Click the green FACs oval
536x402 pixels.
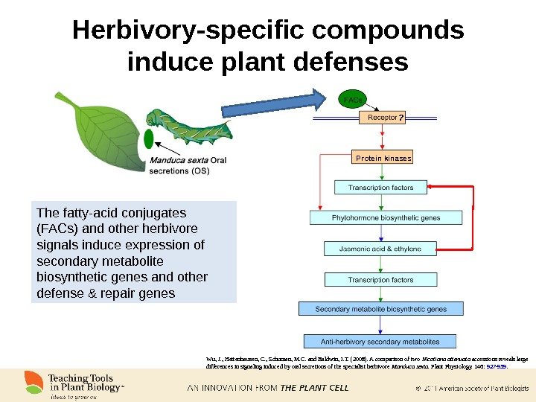(353, 99)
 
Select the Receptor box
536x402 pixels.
(382, 118)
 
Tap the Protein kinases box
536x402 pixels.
(383, 158)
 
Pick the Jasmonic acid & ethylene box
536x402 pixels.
(381, 249)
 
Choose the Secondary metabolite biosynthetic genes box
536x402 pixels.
(380, 308)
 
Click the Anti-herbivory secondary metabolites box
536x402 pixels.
(380, 342)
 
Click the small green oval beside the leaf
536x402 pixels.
(148, 139)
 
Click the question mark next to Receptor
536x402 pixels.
(400, 118)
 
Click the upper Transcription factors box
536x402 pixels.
(381, 188)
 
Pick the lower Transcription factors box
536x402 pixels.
(381, 280)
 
